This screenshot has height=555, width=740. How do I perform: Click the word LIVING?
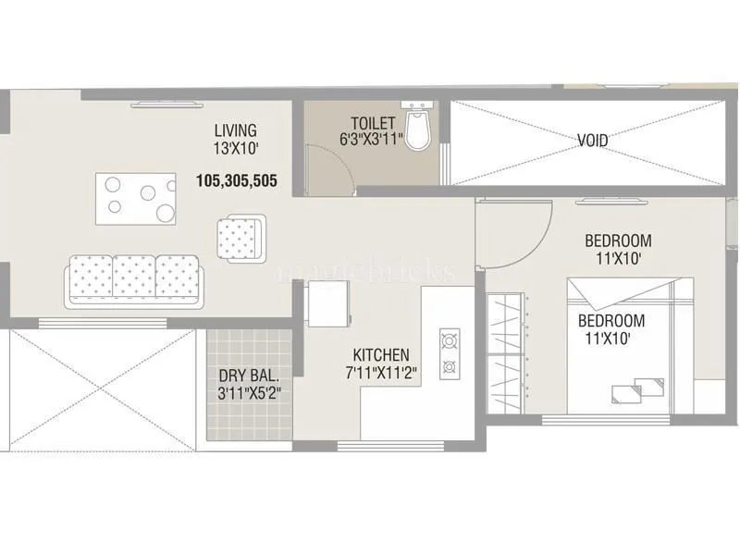[x=235, y=130]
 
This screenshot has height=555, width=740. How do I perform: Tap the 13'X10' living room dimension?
[x=235, y=147]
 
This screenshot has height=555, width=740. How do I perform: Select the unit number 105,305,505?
[x=237, y=181]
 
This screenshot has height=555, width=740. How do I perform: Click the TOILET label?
[x=373, y=123]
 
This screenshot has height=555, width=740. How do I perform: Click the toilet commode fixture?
[x=421, y=130]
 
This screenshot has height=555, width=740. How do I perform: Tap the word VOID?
[x=592, y=141]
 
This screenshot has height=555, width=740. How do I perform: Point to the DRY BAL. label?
[x=249, y=376]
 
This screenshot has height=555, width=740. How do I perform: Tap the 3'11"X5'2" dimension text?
[x=249, y=392]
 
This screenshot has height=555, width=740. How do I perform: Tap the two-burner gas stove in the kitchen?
[x=450, y=352]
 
